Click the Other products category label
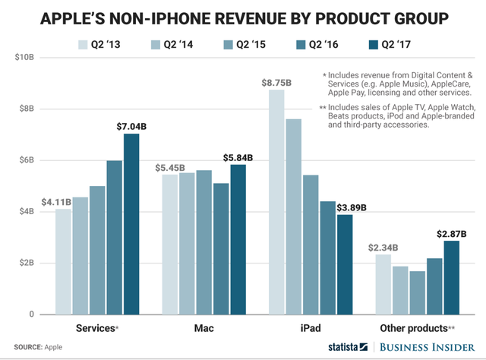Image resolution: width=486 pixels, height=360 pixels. click(415, 328)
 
